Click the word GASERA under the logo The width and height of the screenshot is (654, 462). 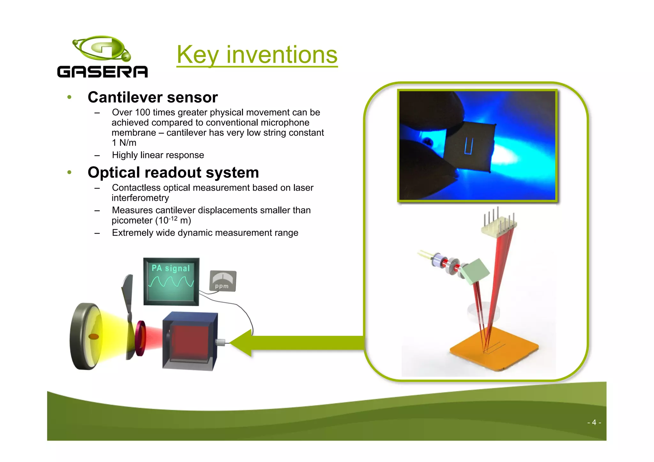coord(102,72)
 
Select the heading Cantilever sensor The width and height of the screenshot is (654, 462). coord(153,97)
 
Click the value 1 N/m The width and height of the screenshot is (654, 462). coord(124,143)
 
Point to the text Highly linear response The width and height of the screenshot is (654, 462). coord(158,155)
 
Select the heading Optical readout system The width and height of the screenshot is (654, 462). coord(173,173)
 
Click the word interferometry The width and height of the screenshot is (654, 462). coord(140,198)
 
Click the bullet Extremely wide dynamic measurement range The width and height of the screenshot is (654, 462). coord(205,233)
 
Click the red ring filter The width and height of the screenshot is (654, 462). coord(141,338)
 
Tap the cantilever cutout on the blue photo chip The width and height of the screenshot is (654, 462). coord(468,146)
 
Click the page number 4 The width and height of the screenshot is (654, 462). coord(594,422)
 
